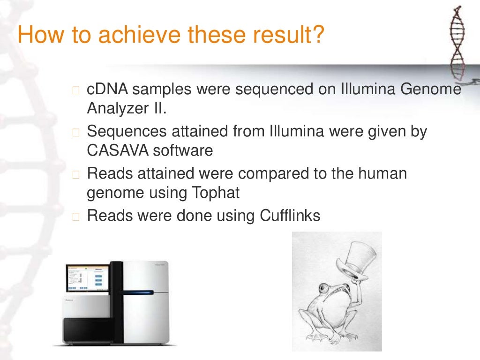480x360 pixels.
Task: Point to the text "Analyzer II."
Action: click(x=127, y=109)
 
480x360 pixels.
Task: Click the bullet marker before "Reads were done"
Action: click(x=77, y=216)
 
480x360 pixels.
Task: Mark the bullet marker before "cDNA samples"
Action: click(x=77, y=90)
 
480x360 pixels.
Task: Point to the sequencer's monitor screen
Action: click(x=87, y=278)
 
